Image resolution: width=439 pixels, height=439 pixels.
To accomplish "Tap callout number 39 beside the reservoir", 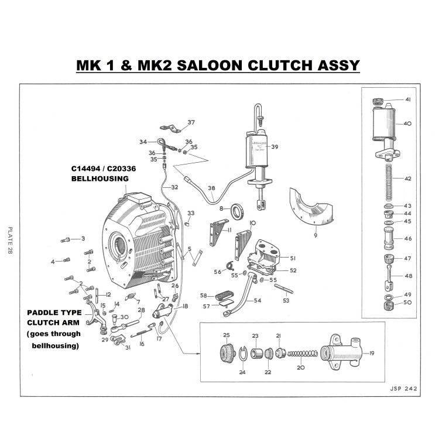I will coord(275,146).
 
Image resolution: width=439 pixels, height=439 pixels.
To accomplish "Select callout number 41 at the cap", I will coord(408,100).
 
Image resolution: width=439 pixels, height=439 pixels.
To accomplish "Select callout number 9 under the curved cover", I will coord(315,236).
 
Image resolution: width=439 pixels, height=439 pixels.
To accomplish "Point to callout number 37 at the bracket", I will coord(191,122).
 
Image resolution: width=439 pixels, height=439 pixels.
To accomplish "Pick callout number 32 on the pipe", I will coord(174,187).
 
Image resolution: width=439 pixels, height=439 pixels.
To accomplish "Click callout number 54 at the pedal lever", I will coord(258,301).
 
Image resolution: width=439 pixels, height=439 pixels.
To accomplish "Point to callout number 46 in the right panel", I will coord(408,238).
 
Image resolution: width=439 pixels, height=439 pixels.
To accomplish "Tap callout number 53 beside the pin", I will coord(286,300).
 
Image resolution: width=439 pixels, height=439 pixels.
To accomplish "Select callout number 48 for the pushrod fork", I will coord(408,276).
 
